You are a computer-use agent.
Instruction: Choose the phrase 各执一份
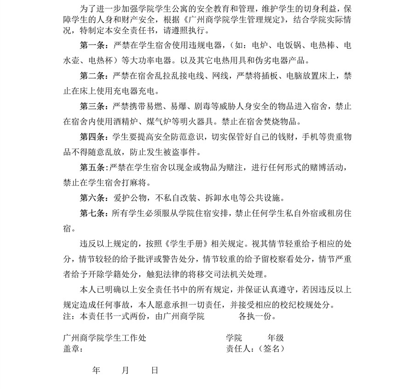click(257, 317)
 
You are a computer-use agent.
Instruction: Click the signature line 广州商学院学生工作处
click(104, 338)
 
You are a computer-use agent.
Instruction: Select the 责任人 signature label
click(237, 349)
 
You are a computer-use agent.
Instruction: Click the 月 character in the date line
click(125, 370)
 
